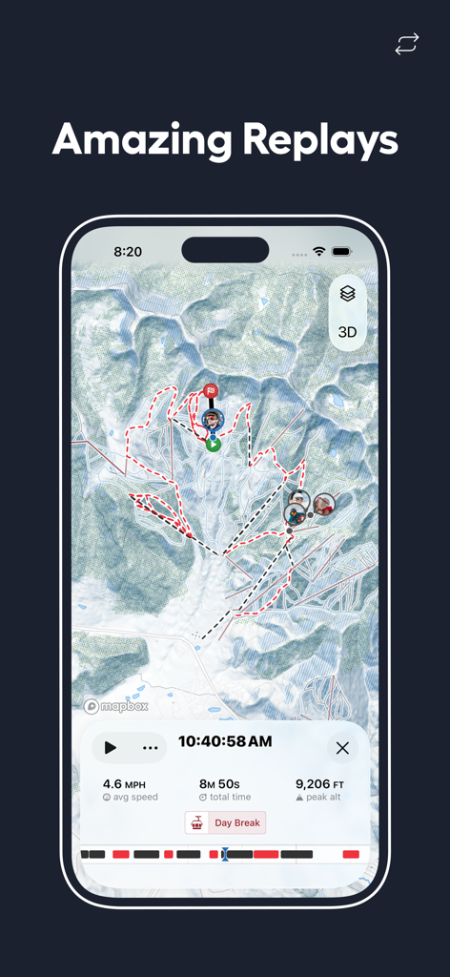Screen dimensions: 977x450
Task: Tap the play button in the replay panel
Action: click(x=111, y=748)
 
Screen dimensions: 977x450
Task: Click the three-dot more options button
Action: click(x=150, y=748)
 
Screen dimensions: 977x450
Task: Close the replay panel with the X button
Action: click(x=342, y=748)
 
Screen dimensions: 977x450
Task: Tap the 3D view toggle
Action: click(x=347, y=332)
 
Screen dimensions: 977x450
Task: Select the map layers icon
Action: click(x=347, y=294)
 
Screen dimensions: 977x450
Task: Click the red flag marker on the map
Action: click(x=211, y=390)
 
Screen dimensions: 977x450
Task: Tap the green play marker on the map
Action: click(x=214, y=443)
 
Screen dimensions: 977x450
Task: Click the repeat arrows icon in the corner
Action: click(x=407, y=44)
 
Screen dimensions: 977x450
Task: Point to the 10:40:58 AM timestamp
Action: click(x=225, y=741)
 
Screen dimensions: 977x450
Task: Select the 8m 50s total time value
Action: click(x=225, y=783)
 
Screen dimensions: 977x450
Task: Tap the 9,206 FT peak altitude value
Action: click(x=319, y=783)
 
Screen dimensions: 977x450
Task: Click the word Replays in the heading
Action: click(x=319, y=140)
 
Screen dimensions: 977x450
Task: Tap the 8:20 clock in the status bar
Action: click(x=128, y=252)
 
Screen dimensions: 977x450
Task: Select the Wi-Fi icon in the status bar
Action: click(x=319, y=252)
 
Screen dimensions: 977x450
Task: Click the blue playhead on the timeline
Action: click(x=225, y=854)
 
